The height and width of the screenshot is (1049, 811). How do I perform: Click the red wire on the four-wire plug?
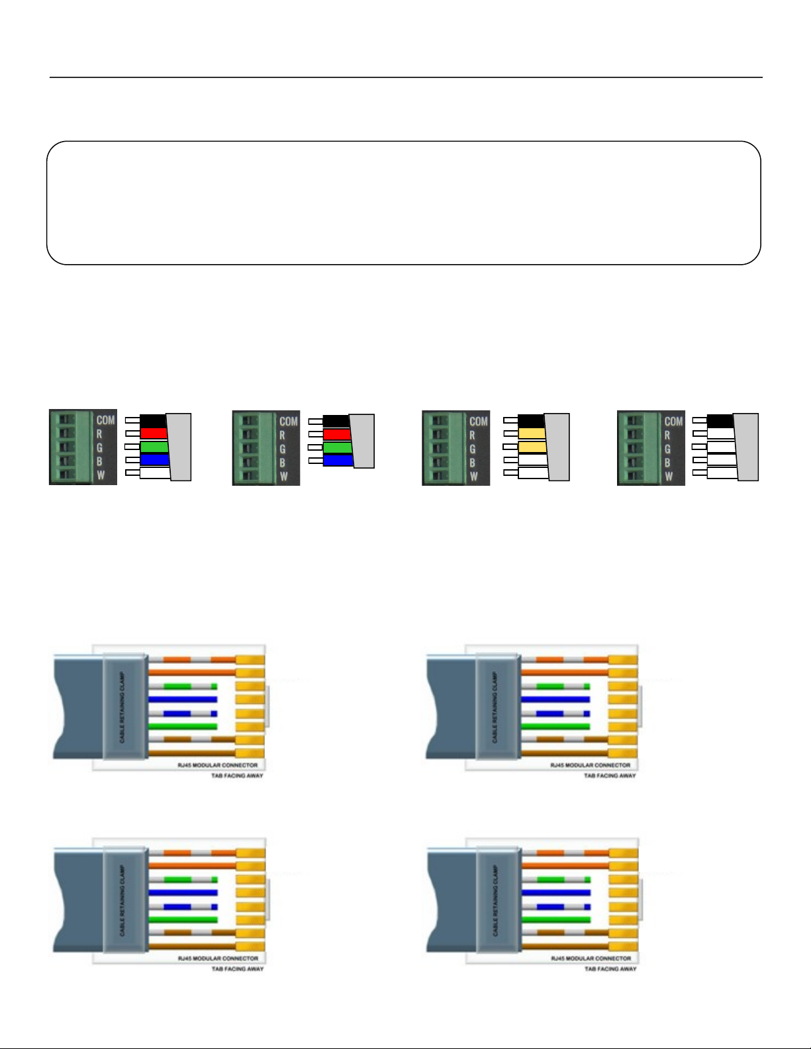(x=336, y=435)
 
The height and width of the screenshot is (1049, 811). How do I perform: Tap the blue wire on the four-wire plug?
(x=337, y=460)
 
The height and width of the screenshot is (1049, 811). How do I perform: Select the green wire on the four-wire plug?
(x=336, y=447)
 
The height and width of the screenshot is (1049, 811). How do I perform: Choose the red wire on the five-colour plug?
(x=153, y=433)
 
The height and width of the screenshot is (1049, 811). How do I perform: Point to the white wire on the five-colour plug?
(x=155, y=473)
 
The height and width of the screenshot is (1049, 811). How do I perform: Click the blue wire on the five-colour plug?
(x=154, y=459)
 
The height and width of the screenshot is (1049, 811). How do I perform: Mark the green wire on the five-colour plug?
(x=154, y=447)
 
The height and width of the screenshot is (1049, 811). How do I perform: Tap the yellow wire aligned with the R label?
(x=531, y=433)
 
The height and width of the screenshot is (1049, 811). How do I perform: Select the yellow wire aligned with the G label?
(x=532, y=447)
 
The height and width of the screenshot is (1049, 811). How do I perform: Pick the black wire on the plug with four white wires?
(x=719, y=421)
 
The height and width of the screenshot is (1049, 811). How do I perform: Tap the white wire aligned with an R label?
(x=720, y=433)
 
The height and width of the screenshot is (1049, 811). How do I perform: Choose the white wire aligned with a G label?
(x=721, y=447)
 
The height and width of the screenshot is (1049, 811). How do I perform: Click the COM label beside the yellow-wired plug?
(x=478, y=421)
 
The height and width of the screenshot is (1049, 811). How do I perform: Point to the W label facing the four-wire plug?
(x=284, y=476)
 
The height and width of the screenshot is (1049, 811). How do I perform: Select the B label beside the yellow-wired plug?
(x=472, y=462)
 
